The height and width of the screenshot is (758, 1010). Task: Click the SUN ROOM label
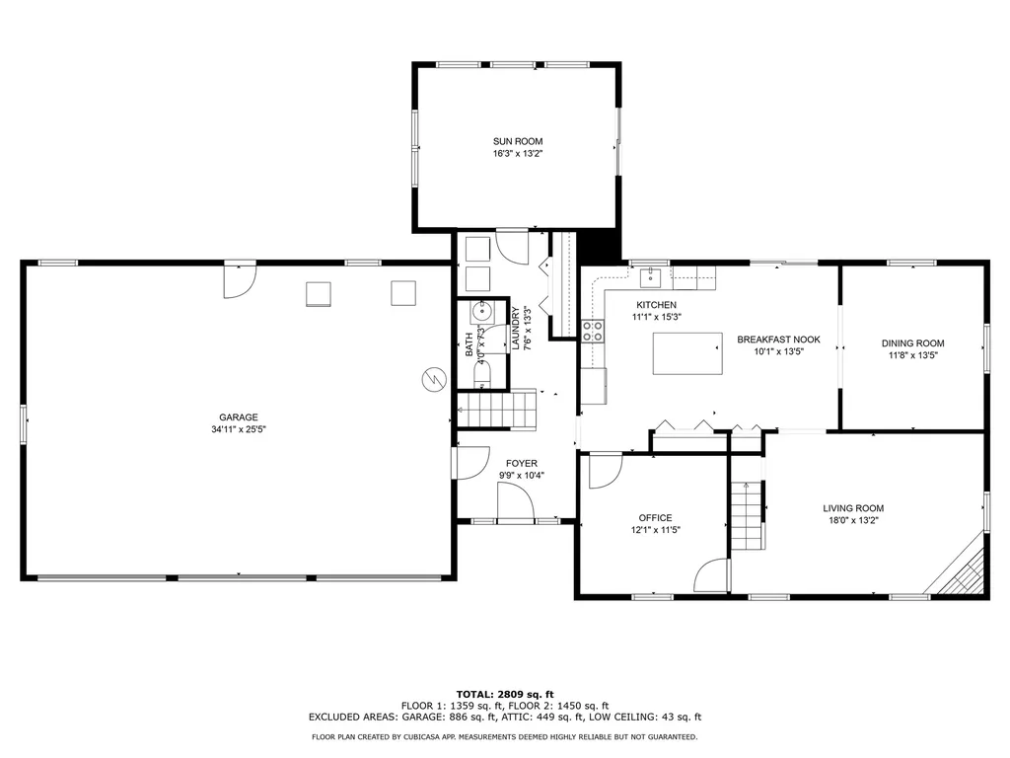(x=518, y=141)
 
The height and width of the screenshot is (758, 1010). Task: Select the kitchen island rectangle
(x=687, y=353)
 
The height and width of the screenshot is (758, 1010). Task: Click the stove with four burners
(x=593, y=331)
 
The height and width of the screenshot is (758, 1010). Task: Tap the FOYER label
(x=522, y=463)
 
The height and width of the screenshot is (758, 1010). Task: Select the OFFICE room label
(x=655, y=517)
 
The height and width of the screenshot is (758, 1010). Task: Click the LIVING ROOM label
(x=853, y=508)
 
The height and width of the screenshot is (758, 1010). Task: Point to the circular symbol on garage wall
(x=433, y=379)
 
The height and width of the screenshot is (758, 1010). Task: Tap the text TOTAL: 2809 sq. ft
(x=504, y=694)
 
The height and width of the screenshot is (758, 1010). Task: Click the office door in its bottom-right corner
(x=712, y=578)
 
